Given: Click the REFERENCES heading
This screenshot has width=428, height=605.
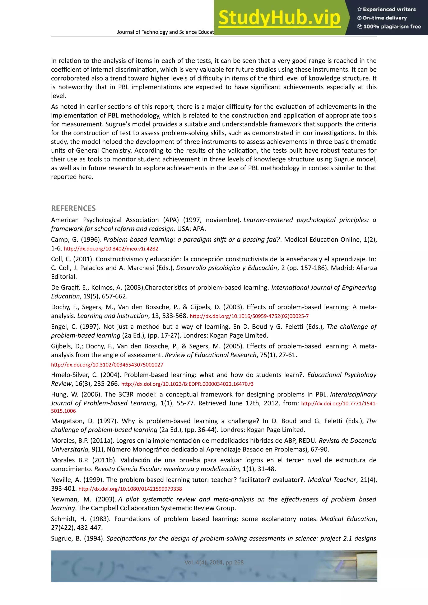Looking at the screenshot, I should [x=73, y=208].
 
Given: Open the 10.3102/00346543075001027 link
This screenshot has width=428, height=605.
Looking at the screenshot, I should [x=107, y=365].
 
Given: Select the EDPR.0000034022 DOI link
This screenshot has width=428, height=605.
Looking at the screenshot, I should [x=187, y=384].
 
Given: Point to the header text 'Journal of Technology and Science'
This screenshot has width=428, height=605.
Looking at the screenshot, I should [x=165, y=32].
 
